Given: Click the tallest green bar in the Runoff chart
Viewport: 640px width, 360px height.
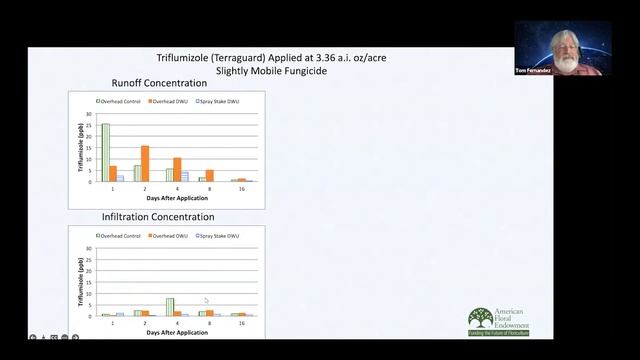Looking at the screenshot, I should click(106, 152).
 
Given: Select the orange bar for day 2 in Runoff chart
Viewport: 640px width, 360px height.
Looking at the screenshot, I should click(145, 164).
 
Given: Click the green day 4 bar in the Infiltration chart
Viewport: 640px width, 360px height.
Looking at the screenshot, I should click(170, 307).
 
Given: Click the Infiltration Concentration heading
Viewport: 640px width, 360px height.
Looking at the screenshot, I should click(158, 216).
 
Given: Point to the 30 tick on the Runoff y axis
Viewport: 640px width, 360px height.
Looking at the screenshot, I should click(88, 113).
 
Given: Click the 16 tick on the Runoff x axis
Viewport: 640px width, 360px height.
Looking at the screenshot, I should click(241, 189).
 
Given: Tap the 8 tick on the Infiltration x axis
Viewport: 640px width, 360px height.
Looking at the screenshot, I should click(209, 323).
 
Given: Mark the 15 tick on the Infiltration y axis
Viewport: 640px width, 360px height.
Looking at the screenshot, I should click(88, 282).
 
